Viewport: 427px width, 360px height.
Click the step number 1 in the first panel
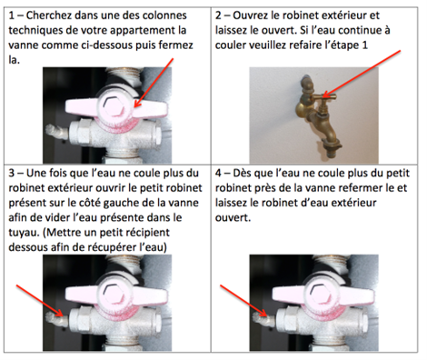click(x=12, y=15)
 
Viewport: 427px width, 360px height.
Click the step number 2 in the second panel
click(x=218, y=15)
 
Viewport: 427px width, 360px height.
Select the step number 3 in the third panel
click(x=12, y=174)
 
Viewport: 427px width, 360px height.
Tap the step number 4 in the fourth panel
click(x=218, y=174)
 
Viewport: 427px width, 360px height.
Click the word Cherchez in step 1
click(x=48, y=15)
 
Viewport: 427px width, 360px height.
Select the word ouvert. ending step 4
click(x=233, y=218)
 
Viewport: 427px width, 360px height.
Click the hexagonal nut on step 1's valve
click(x=114, y=107)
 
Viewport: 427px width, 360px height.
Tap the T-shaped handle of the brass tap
click(x=323, y=97)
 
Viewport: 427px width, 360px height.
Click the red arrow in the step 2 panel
click(x=362, y=74)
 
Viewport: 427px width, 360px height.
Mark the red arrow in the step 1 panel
click(x=154, y=83)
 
